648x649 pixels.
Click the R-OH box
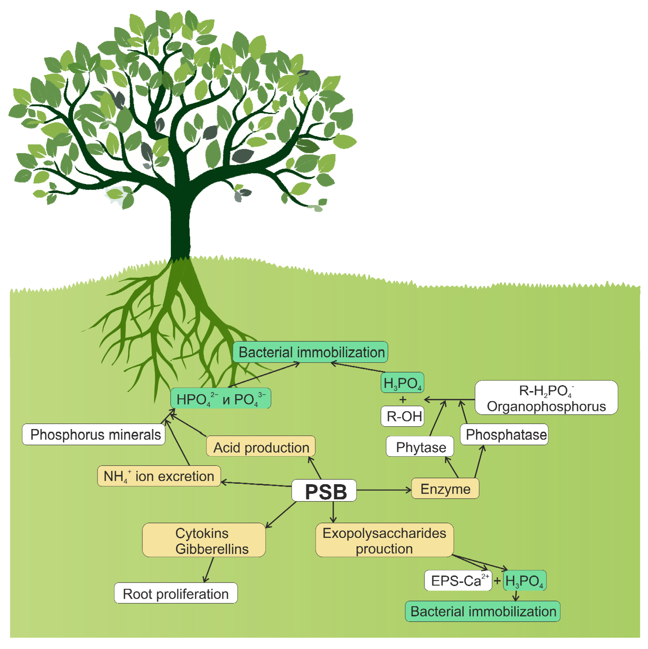pos(402,416)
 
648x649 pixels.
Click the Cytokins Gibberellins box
pos(204,540)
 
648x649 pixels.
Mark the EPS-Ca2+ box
pos(458,580)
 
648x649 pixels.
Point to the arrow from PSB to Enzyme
pos(383,490)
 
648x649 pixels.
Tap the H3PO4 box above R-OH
pos(402,382)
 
